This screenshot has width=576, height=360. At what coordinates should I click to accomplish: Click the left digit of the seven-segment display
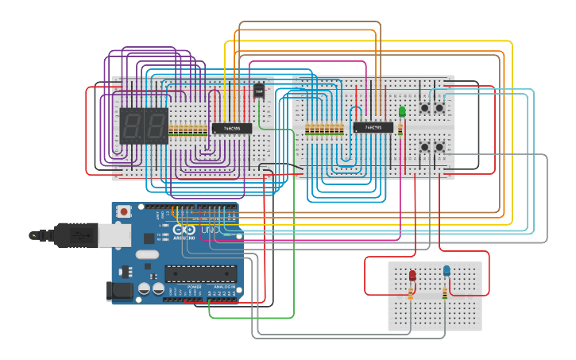pyautogui.click(x=133, y=125)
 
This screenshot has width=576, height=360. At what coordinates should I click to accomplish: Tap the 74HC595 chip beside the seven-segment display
pyautogui.click(x=231, y=128)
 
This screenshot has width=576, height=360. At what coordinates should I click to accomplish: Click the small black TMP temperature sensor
pyautogui.click(x=259, y=91)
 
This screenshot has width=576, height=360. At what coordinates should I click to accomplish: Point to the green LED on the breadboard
pyautogui.click(x=402, y=111)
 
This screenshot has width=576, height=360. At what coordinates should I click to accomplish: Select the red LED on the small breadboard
pyautogui.click(x=412, y=275)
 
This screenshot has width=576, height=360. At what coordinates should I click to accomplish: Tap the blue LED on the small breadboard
pyautogui.click(x=446, y=271)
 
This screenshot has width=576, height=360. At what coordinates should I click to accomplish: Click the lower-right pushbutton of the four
pyautogui.click(x=439, y=147)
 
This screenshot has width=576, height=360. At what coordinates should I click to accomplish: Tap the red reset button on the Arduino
pyautogui.click(x=124, y=212)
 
